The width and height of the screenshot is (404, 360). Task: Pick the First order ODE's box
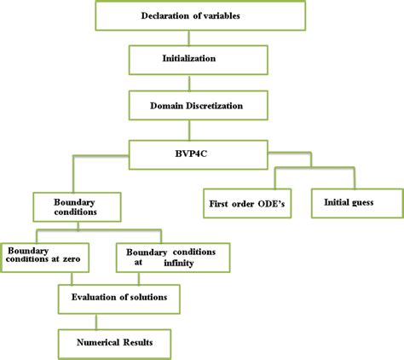click(246, 204)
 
